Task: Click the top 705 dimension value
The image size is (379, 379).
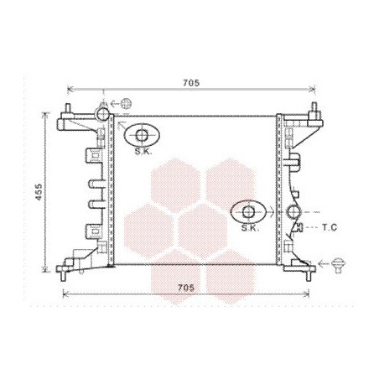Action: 191,83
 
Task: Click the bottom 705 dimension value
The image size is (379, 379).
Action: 186,288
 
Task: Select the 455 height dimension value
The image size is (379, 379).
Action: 39,192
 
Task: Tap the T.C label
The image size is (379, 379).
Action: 330,227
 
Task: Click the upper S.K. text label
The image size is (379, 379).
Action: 143,152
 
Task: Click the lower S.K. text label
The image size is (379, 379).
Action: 250,228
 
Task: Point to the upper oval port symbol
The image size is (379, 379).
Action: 142,135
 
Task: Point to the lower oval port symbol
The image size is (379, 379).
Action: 248,211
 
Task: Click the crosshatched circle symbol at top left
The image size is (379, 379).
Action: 126,103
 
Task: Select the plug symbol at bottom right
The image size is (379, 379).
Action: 338,265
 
